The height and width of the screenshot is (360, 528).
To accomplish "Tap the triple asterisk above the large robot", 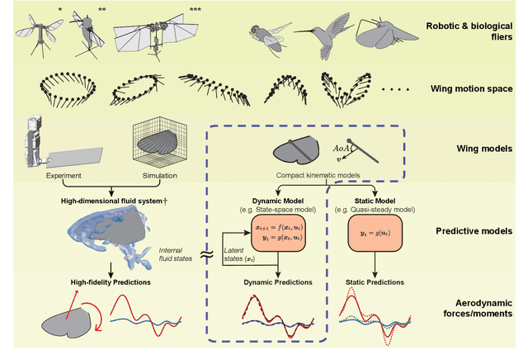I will tap(195, 9).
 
